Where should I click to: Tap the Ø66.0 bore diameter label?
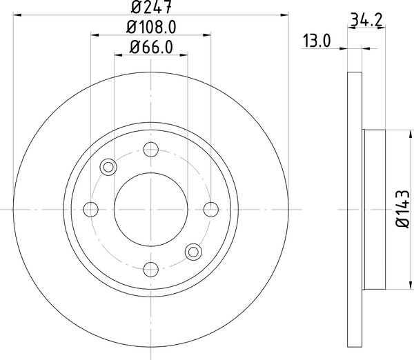150,48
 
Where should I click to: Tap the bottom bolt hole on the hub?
150,269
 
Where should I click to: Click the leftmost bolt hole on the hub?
90,209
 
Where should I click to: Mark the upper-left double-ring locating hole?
107,166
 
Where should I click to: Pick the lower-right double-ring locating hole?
193,252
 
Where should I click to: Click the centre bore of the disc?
150,209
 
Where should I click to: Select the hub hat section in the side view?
373,209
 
